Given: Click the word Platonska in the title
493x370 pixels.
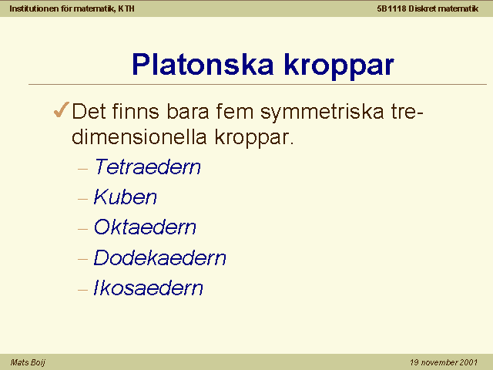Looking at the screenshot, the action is coord(203,64).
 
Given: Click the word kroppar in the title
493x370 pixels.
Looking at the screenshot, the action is coord(339,66).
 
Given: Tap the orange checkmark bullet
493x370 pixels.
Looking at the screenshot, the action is coord(62,109).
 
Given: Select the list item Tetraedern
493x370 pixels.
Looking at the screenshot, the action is coord(147,166).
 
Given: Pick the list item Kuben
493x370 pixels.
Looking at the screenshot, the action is coord(125,197).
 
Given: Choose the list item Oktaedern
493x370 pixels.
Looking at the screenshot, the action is coord(145,227).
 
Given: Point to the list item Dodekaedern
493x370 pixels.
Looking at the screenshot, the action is coord(159,257).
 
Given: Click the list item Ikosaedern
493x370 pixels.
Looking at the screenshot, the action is coord(148,288).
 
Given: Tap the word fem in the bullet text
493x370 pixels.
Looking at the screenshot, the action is coord(234,111).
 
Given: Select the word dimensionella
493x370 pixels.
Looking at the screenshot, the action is coord(139,136).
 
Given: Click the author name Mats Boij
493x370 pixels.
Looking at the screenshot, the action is coord(28,362).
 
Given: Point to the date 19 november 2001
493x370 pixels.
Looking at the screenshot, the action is coord(444,362).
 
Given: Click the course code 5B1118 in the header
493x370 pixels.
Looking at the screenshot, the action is coord(391,8).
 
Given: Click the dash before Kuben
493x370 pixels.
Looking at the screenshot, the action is coord(82,199).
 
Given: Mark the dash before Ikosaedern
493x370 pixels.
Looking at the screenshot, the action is coord(82,290).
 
